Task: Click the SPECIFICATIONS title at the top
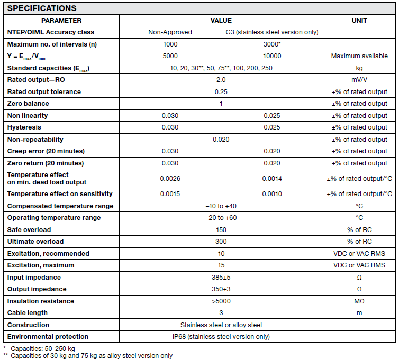(41, 8)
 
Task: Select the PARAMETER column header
(61, 21)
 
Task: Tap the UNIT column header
(359, 21)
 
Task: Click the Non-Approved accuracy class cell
(170, 32)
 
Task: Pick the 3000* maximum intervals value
(272, 44)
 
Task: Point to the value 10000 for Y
(272, 56)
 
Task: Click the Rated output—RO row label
(36, 80)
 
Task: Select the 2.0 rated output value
(221, 80)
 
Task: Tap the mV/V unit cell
(359, 80)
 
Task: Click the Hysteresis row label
(24, 127)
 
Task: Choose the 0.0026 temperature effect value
(170, 179)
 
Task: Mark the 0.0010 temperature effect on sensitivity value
(272, 194)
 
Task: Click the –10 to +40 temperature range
(221, 206)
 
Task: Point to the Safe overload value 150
(221, 230)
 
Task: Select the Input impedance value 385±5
(221, 278)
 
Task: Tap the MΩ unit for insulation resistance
(359, 301)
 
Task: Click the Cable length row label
(28, 313)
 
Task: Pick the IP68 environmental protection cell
(221, 337)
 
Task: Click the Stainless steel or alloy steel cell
(221, 325)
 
